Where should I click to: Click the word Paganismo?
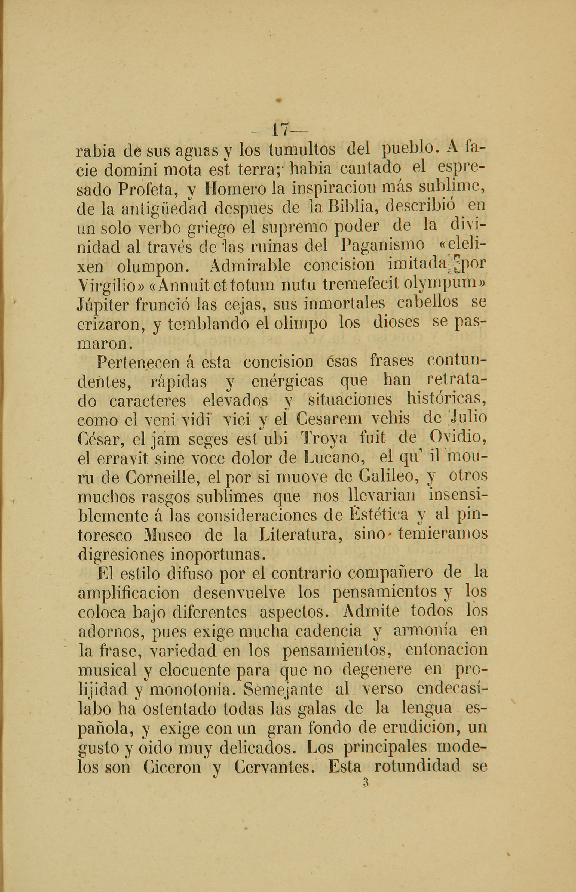[383, 246]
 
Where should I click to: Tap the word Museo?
[168, 535]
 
